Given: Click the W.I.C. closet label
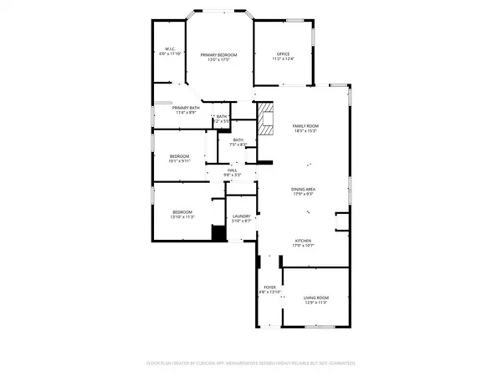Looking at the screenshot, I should (x=169, y=49).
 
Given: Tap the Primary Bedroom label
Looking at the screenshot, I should (x=218, y=54).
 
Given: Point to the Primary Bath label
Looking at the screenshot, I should (x=186, y=108).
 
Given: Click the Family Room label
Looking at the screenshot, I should (x=305, y=125).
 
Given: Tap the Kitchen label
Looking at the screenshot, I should (x=303, y=239).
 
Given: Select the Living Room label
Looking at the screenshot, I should (x=316, y=297).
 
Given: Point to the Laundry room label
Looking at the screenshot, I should (x=241, y=216).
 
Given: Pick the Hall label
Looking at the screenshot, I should (x=233, y=170).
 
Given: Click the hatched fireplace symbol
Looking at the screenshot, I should (x=266, y=119).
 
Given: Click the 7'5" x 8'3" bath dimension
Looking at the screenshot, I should (x=238, y=145).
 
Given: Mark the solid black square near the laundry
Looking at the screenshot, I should (x=219, y=234).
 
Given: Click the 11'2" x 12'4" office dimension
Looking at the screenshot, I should (x=284, y=59).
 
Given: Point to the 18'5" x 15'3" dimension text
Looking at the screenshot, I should (x=305, y=130).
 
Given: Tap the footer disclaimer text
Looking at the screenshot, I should (x=251, y=364).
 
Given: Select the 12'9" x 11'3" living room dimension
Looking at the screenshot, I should (x=316, y=302).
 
